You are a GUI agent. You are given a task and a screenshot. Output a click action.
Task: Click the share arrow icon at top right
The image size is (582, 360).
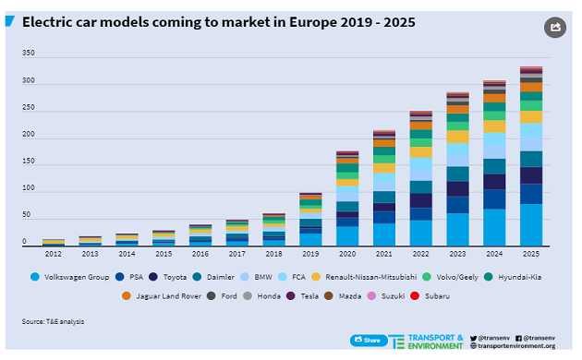pyautogui.click(x=554, y=28)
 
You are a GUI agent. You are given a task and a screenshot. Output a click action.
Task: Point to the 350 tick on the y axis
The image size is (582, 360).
pyautogui.click(x=28, y=54)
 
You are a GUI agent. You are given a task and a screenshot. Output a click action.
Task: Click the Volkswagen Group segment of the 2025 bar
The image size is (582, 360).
pyautogui.click(x=531, y=224)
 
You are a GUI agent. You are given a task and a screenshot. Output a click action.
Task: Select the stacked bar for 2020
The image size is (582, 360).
pyautogui.click(x=347, y=198)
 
